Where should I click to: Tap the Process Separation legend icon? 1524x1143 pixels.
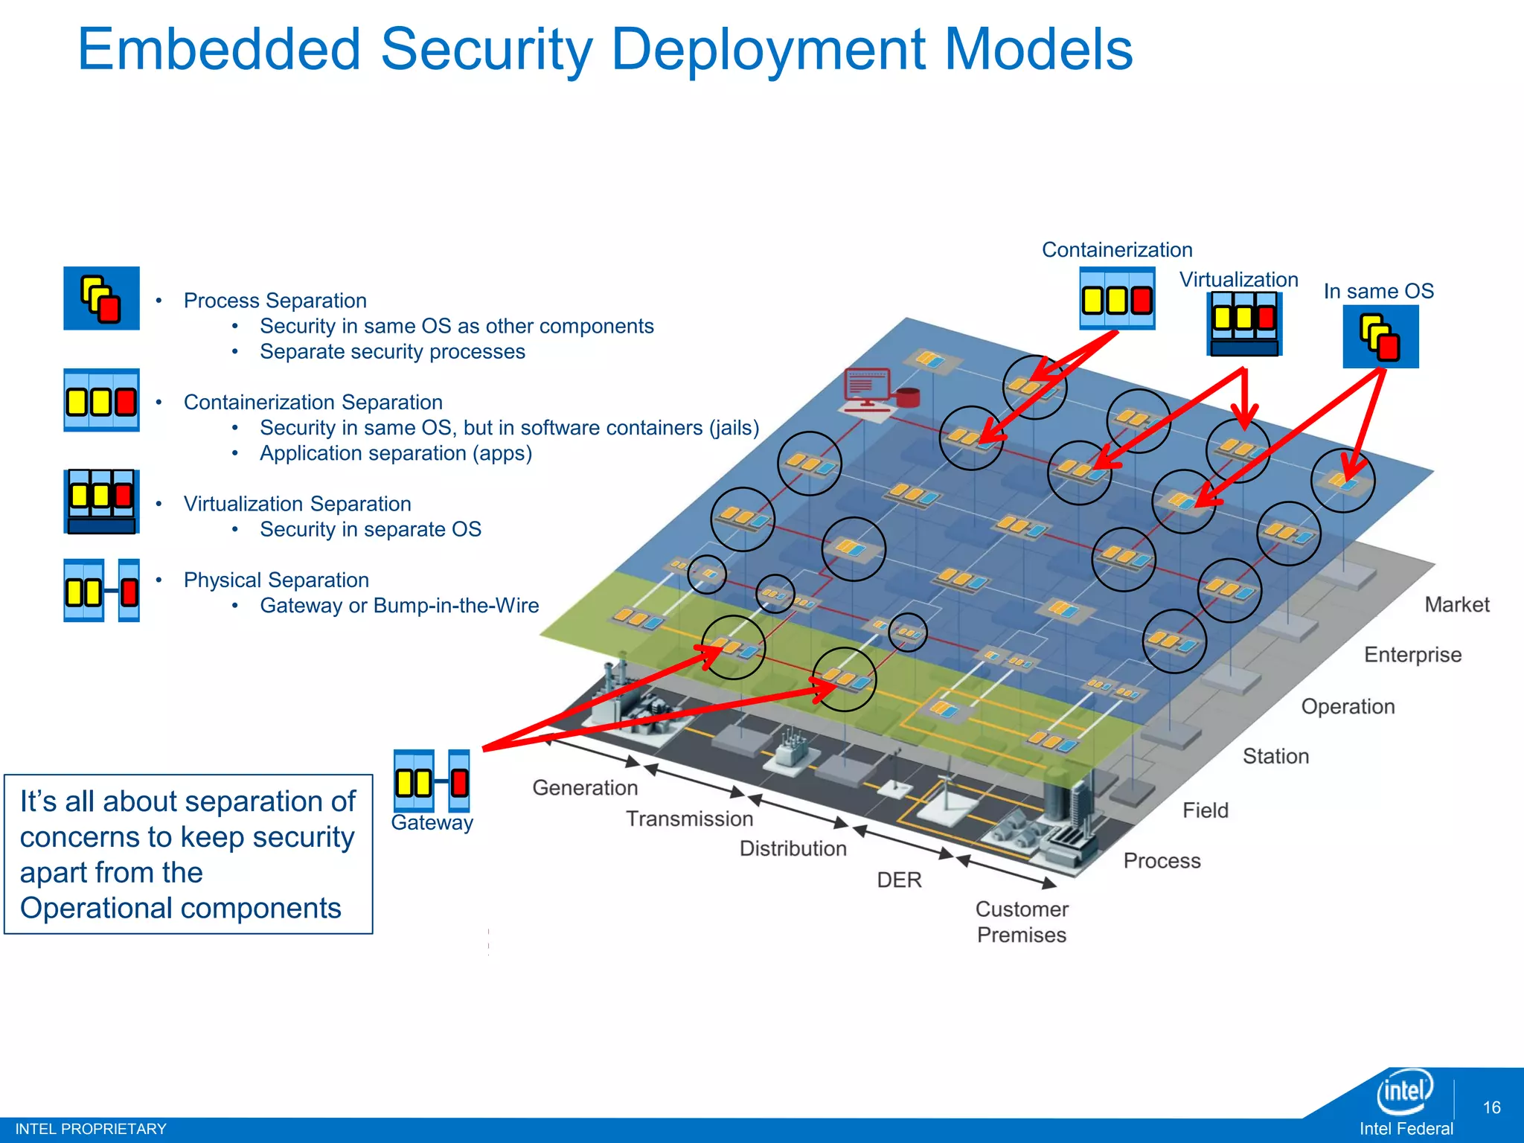coord(101,298)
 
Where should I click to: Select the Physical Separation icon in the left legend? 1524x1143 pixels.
coord(101,591)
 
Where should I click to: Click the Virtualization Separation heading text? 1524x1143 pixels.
coord(297,504)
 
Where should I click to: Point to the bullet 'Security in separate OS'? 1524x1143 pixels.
coord(370,529)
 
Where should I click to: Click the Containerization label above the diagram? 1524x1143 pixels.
coord(1116,250)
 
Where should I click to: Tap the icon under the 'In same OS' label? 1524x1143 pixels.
coord(1380,337)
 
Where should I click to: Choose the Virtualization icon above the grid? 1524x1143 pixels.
coord(1243,324)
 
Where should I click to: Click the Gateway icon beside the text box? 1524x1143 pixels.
coord(432,781)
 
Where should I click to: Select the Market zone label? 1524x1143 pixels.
coord(1456,604)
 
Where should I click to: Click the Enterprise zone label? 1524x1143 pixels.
coord(1412,655)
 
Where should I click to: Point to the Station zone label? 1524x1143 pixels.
coord(1275,756)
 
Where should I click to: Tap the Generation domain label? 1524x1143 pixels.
coord(585,787)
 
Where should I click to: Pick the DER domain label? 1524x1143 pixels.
coord(899,880)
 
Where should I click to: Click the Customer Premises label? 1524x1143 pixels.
coord(1022,922)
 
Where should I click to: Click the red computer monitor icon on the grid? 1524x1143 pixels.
coord(868,387)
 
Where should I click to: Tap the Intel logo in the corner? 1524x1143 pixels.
coord(1404,1092)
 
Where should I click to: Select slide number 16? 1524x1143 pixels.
coord(1491,1107)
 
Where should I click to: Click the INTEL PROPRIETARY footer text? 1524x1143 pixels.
coord(91,1129)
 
